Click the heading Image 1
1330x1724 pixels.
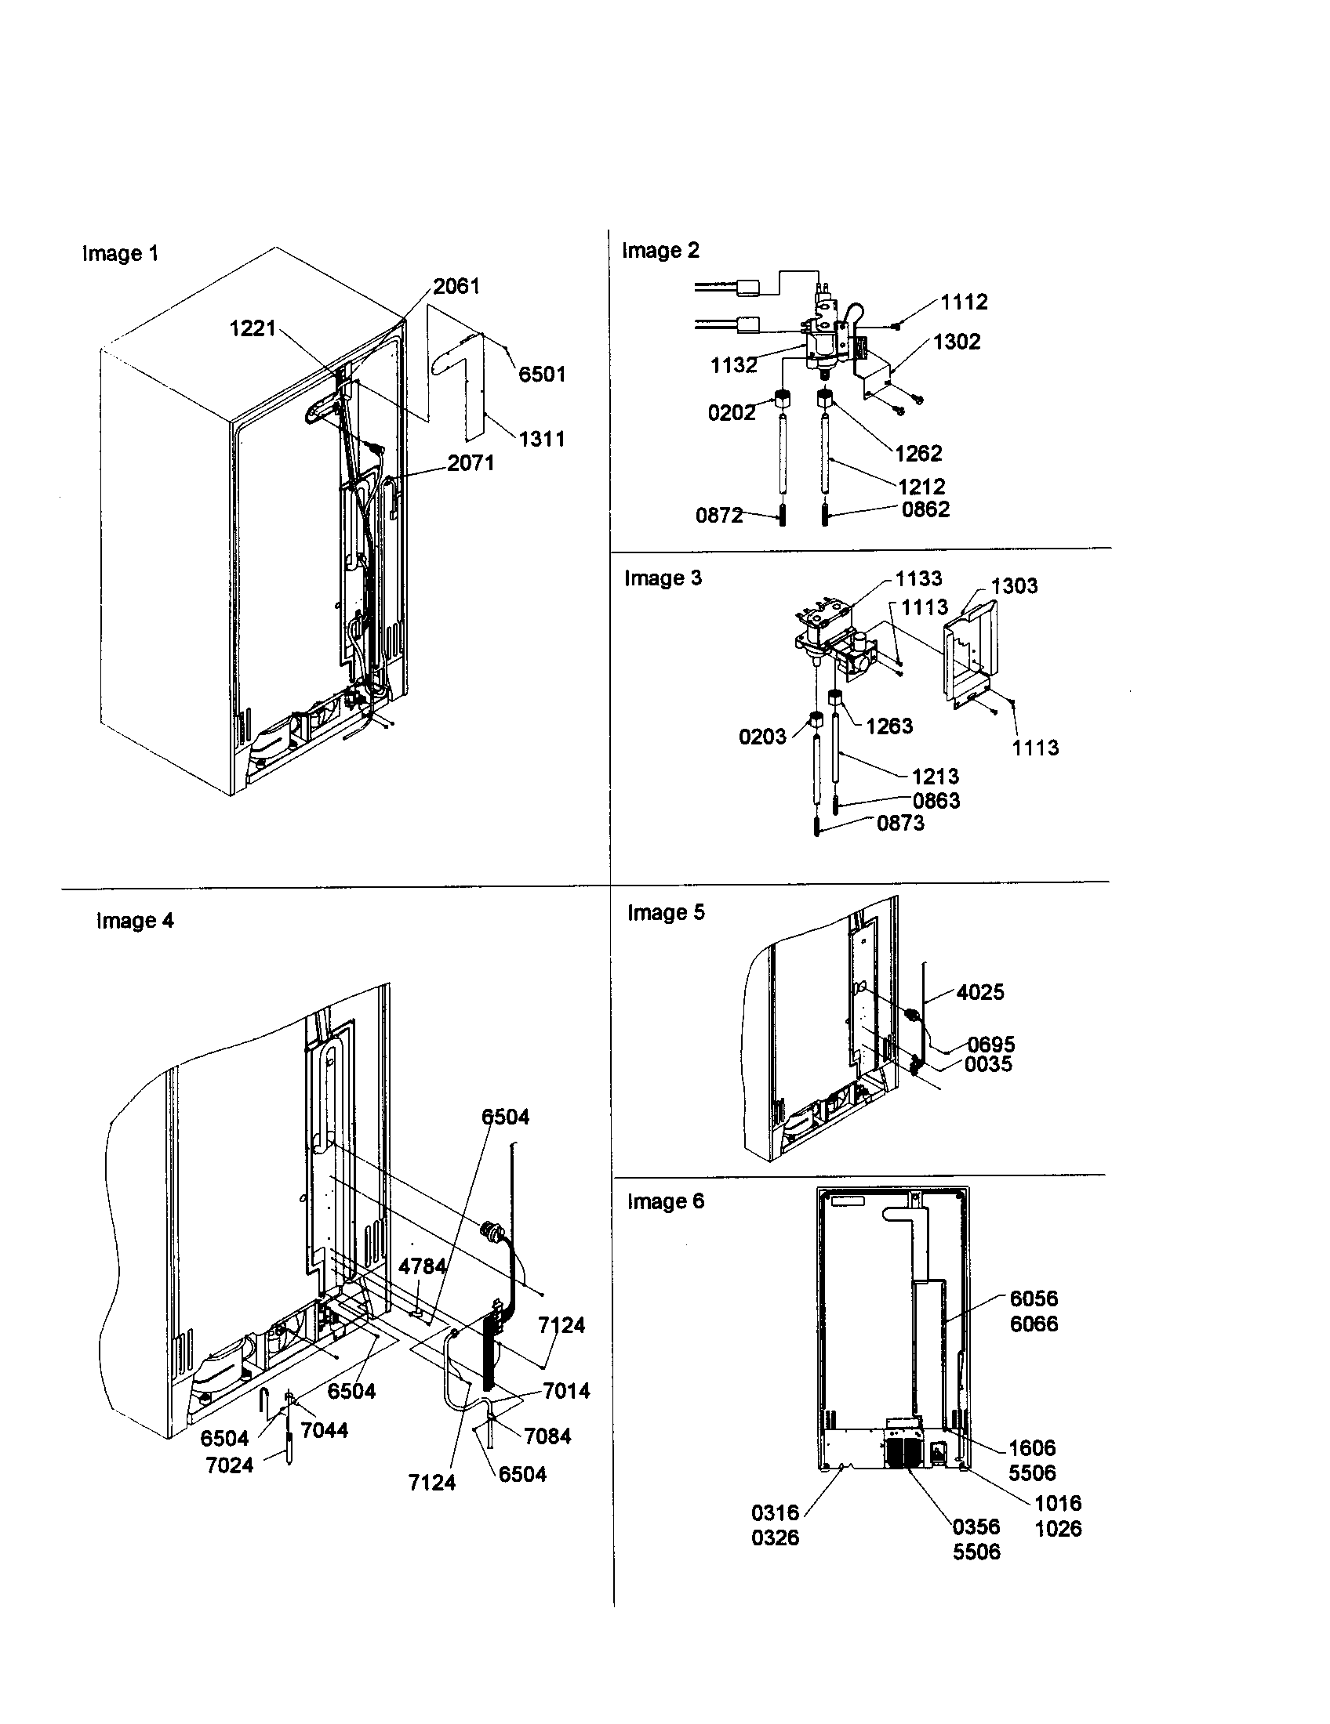tap(120, 253)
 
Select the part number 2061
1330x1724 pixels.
tap(456, 286)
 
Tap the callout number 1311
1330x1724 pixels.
tap(542, 439)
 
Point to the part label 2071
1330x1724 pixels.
tap(471, 463)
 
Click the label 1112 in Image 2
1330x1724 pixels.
tap(965, 302)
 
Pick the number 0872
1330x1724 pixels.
tap(718, 516)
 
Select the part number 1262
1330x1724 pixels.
tap(918, 454)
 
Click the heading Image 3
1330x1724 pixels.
tap(663, 578)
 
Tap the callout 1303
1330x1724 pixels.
tap(1015, 585)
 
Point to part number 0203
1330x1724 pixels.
tap(762, 737)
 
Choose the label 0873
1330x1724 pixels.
tap(900, 824)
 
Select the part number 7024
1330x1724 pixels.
tap(229, 1466)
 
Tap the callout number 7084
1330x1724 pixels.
tap(547, 1436)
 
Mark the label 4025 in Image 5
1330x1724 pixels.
tap(980, 992)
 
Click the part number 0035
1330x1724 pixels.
tap(988, 1064)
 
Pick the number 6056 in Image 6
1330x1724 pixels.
tap(1034, 1298)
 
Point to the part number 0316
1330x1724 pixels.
tap(775, 1513)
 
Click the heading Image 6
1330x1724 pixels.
tap(665, 1201)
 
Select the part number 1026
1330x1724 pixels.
tap(1059, 1529)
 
